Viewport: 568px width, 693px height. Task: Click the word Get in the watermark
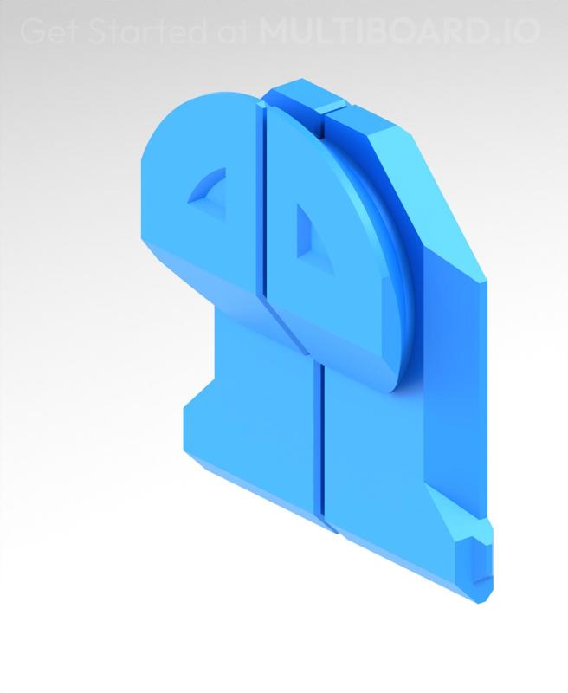44,32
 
